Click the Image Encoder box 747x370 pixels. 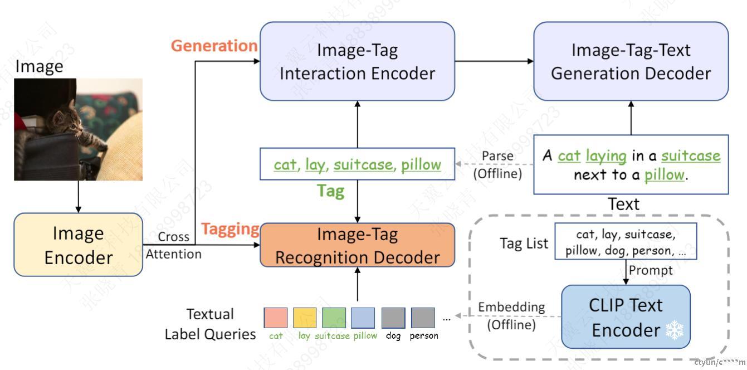pyautogui.click(x=78, y=245)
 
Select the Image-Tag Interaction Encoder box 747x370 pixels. pyautogui.click(x=357, y=61)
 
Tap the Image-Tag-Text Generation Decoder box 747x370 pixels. pyautogui.click(x=631, y=61)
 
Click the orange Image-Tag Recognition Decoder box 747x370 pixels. pyautogui.click(x=357, y=245)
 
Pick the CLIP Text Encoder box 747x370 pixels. pyautogui.click(x=626, y=317)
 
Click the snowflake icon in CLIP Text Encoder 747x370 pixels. pyautogui.click(x=674, y=331)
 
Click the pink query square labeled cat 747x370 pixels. pyautogui.click(x=275, y=318)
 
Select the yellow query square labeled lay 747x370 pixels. pyautogui.click(x=304, y=318)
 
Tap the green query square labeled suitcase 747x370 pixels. pyautogui.click(x=333, y=318)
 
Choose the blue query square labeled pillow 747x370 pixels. pyautogui.click(x=363, y=318)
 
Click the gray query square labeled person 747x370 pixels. pyautogui.click(x=423, y=318)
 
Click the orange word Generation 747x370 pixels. pyautogui.click(x=214, y=46)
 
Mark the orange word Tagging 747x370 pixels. pyautogui.click(x=230, y=229)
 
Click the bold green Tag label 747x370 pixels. pyautogui.click(x=330, y=191)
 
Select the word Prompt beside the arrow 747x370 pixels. pyautogui.click(x=651, y=270)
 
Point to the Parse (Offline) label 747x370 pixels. pyautogui.click(x=497, y=165)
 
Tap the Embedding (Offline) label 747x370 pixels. pyautogui.click(x=511, y=315)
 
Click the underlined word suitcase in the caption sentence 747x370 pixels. pyautogui.click(x=691, y=155)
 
